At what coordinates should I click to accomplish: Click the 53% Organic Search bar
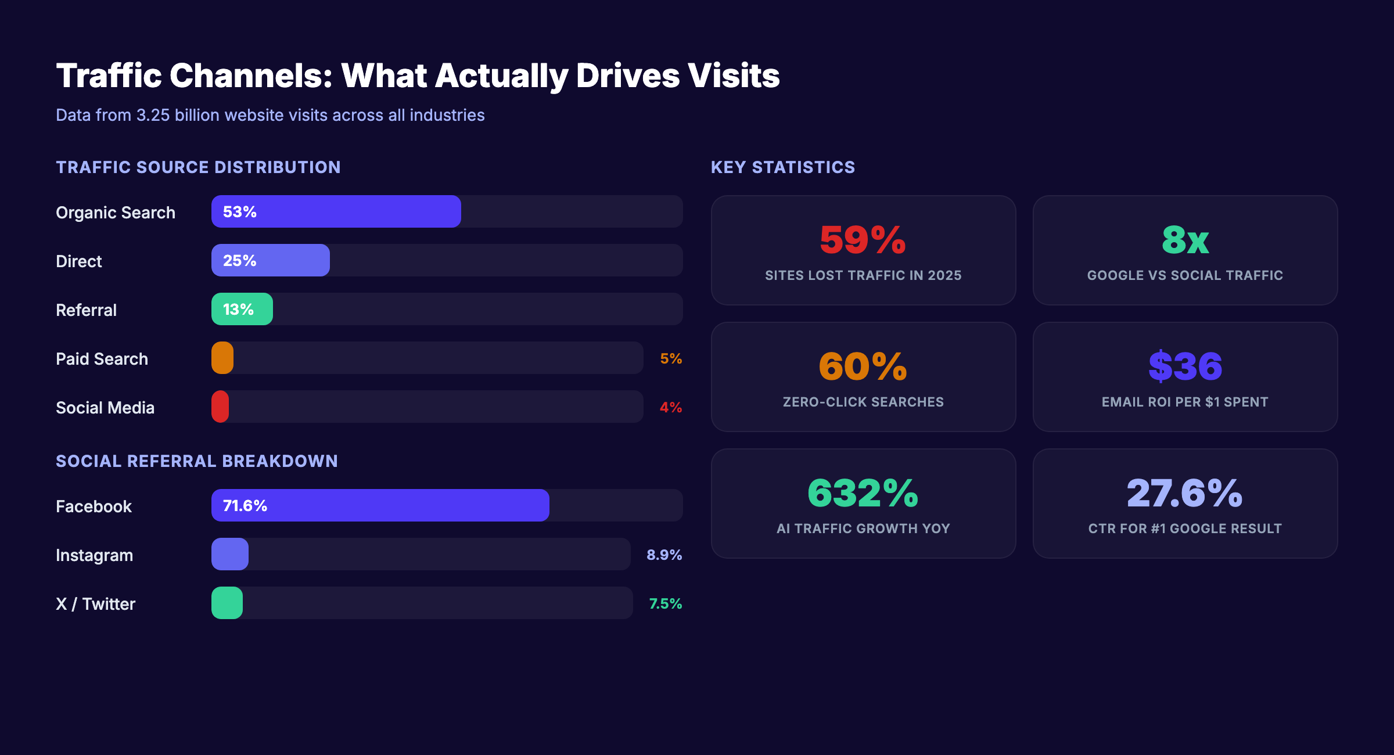coord(336,211)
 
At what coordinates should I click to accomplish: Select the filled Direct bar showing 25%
coord(271,260)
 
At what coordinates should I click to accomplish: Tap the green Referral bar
coord(242,309)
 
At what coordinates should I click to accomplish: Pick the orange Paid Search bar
coord(222,358)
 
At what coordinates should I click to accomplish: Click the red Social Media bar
coord(220,407)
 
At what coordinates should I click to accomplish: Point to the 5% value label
coord(671,358)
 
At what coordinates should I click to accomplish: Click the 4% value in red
coord(671,407)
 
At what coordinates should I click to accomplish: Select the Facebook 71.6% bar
coord(380,505)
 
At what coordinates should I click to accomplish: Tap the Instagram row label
coord(94,555)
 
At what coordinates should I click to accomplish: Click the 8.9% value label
coord(664,555)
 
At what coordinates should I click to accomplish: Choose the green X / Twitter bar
coord(227,603)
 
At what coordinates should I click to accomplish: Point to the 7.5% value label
coord(665,603)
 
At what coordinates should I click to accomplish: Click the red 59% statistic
coord(863,240)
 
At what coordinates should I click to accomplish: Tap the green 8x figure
coord(1185,240)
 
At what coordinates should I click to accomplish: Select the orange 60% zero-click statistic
coord(863,366)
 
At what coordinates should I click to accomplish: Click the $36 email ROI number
coord(1185,366)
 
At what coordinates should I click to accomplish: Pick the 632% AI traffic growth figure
coord(863,493)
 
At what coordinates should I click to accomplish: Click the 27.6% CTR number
coord(1185,493)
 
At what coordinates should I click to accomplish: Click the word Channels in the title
coord(250,75)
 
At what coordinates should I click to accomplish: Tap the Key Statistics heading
coord(782,167)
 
